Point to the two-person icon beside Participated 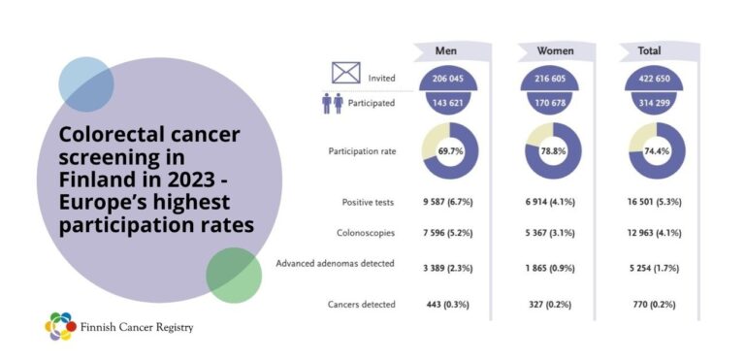pos(333,103)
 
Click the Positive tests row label pos(369,202)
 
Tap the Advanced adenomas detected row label pos(336,263)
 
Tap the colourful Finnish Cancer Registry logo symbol pos(60,326)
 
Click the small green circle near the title pos(234,275)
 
